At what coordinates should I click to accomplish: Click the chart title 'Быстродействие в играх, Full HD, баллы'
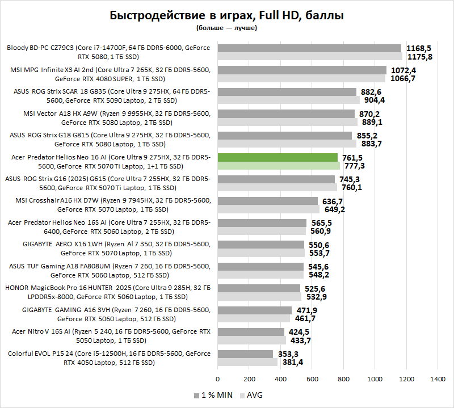point(226,15)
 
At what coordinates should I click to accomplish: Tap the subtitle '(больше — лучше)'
point(226,27)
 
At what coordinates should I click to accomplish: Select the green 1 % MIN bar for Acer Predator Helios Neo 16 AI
point(278,157)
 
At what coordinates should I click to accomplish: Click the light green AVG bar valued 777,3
point(279,166)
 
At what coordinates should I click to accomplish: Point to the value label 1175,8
point(420,57)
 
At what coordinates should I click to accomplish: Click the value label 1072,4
point(404,70)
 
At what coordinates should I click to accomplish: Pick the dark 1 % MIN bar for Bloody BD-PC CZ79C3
point(309,48)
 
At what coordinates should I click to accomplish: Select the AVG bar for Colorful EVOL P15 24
point(247,362)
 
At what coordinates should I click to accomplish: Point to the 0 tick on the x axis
point(217,378)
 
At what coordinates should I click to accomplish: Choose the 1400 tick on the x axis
point(438,378)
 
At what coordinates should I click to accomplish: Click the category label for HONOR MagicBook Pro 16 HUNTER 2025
point(108,292)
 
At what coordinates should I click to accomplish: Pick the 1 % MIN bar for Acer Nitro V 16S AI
point(251,332)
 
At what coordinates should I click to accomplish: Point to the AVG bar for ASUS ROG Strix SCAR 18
point(288,100)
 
